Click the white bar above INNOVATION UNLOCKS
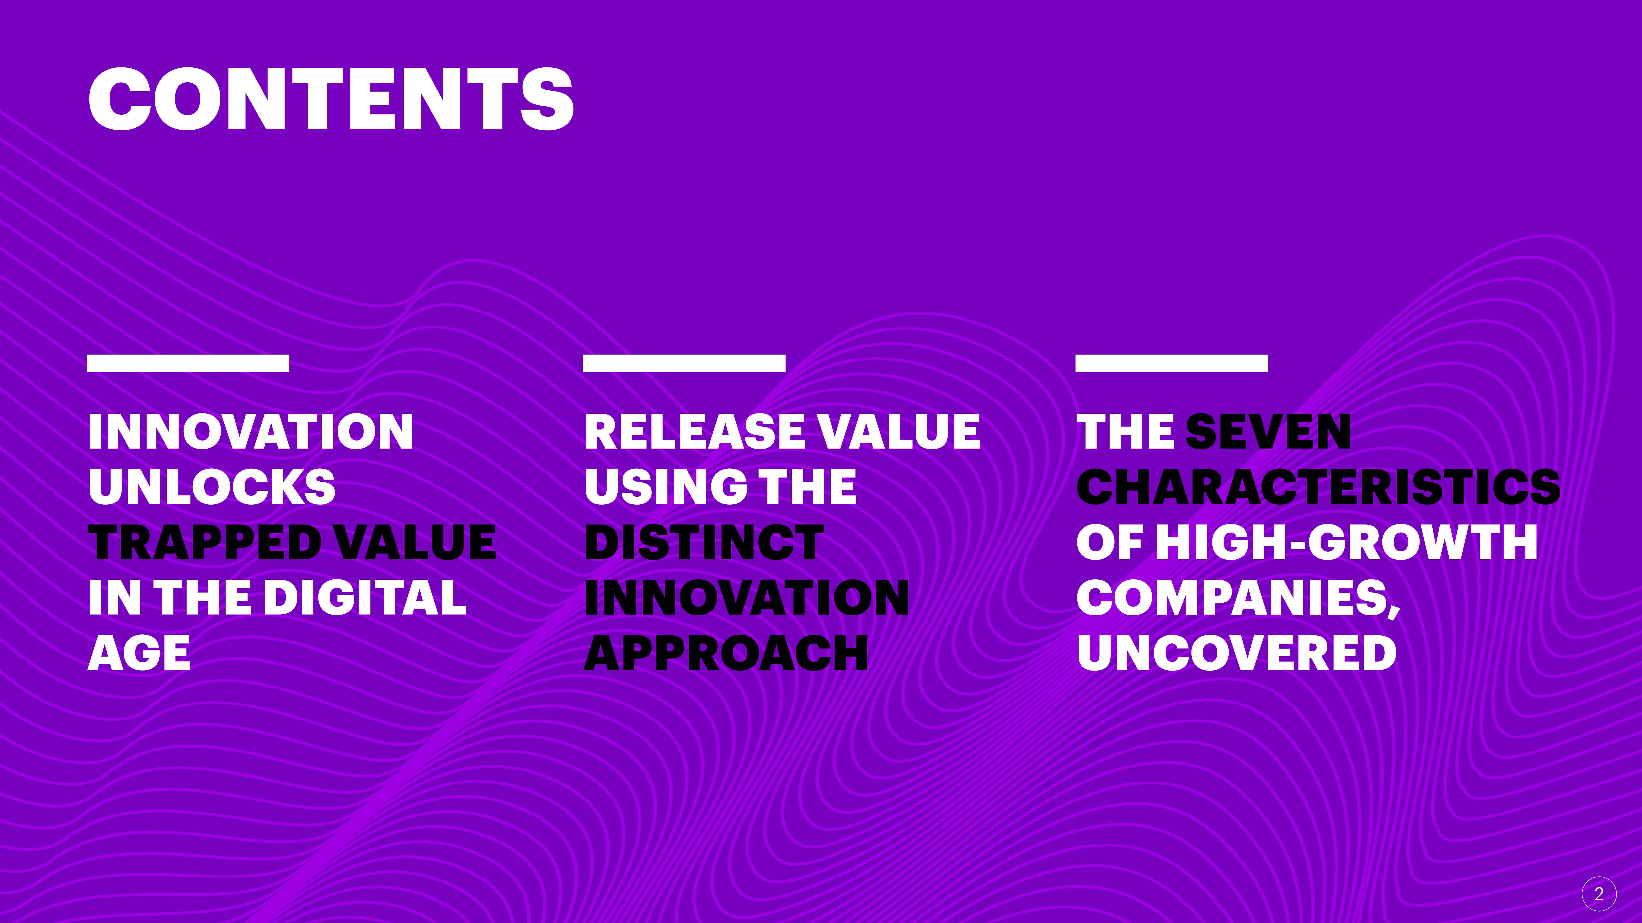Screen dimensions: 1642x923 click(188, 363)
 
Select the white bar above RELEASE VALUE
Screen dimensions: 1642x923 click(684, 363)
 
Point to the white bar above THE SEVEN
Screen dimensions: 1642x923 click(1172, 363)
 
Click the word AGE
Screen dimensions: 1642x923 click(140, 653)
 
